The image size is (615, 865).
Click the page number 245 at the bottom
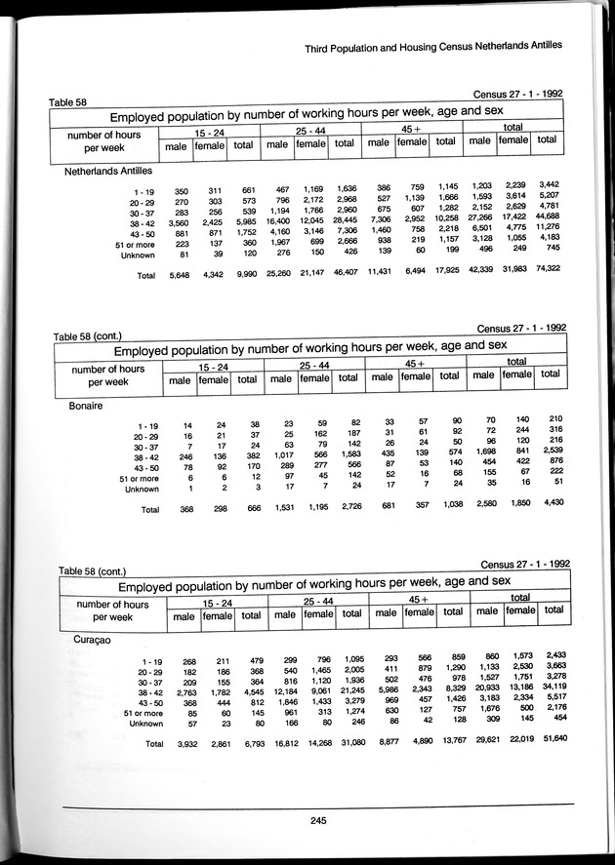(312, 819)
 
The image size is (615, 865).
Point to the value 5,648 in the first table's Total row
(159, 276)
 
